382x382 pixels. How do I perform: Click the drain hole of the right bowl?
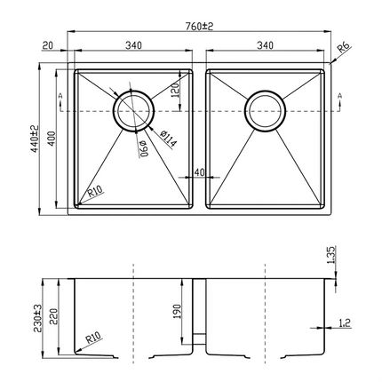point(265,110)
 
